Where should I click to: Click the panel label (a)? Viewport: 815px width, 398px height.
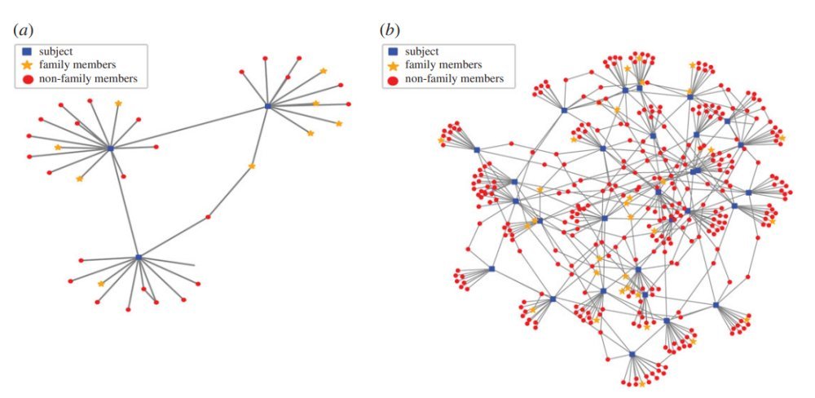[x=23, y=30]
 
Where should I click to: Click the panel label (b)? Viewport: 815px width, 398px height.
[x=390, y=30]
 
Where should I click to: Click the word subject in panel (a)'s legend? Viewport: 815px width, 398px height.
[x=56, y=51]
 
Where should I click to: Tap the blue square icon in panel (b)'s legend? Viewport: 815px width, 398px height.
[x=394, y=51]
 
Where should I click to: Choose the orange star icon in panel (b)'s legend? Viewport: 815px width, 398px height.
[x=394, y=64]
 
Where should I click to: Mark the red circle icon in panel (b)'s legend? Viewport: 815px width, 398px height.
[x=394, y=79]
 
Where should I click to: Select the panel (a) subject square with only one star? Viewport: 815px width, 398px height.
[x=139, y=257]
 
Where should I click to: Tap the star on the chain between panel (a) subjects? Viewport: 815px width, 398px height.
[x=252, y=166]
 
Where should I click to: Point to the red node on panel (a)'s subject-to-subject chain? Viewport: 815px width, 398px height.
[x=208, y=217]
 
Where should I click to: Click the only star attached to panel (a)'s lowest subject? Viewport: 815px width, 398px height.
[x=101, y=284]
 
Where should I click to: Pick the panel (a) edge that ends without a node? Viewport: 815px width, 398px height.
[x=192, y=265]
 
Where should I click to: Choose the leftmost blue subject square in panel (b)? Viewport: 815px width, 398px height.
[x=477, y=149]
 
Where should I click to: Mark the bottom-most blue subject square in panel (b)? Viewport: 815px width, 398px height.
[x=632, y=354]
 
